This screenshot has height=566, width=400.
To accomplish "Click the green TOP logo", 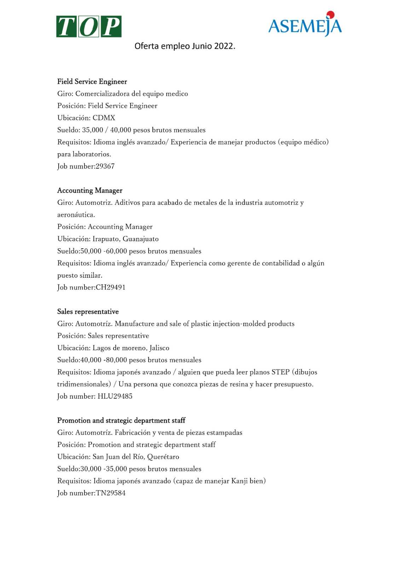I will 89,27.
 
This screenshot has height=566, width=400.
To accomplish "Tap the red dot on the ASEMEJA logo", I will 330,15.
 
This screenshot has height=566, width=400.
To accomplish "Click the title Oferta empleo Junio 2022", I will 185,46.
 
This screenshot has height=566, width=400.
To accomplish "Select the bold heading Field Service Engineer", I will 92,82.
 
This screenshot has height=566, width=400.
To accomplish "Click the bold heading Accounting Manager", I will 90,191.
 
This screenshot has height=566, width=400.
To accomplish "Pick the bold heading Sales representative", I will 88,312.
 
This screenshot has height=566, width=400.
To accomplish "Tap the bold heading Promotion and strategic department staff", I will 121,421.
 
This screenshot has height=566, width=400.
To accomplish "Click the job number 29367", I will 105,166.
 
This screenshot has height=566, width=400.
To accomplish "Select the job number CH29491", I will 110,287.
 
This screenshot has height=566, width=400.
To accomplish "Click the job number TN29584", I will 110,493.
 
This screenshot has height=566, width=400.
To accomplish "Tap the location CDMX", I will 104,118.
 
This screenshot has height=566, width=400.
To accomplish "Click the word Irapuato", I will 106,239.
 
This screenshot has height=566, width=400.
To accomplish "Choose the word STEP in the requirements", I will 280,372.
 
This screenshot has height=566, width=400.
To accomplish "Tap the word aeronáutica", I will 76,215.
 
